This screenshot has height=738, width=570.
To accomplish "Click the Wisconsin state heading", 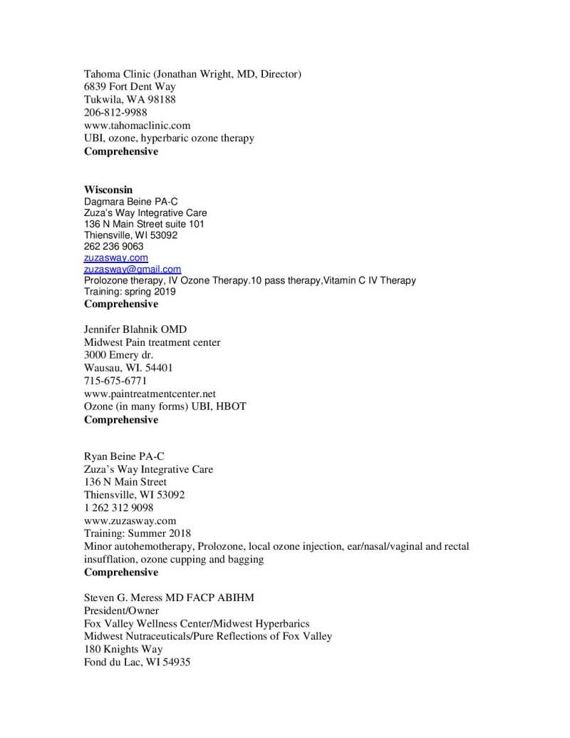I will (x=108, y=190).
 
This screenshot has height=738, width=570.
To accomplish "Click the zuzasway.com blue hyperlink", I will (x=116, y=257).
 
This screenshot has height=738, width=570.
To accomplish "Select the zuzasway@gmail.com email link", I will (x=133, y=270).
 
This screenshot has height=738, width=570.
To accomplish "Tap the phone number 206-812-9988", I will (x=116, y=113).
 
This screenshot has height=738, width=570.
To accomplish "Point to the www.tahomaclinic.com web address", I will (x=138, y=125).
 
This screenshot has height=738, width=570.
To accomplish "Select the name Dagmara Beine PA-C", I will (x=131, y=202).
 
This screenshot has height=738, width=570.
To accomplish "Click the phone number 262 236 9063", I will (x=114, y=246).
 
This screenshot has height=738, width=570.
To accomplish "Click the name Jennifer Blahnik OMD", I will (x=135, y=329).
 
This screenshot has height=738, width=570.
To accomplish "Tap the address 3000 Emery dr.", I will (x=118, y=355).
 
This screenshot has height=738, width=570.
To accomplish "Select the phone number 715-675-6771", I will (x=115, y=381).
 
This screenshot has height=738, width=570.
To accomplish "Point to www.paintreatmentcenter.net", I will (x=150, y=394).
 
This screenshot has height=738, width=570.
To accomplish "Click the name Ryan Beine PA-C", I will (x=125, y=456).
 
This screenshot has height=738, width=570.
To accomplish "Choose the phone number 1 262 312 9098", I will (x=118, y=508).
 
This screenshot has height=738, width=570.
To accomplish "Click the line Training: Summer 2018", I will (x=138, y=533).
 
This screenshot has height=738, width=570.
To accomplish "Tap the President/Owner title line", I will (x=121, y=610).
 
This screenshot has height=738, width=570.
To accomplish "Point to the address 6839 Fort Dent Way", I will (x=130, y=87).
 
